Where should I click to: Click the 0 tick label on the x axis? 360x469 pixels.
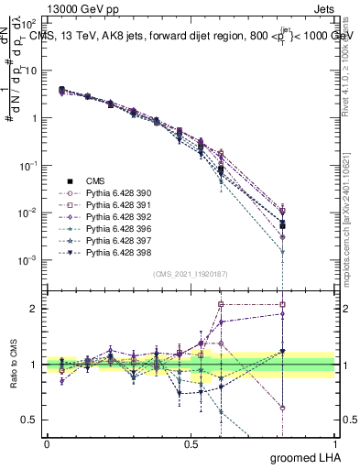click(47, 443)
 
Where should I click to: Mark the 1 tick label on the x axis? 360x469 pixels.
click(334, 443)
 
